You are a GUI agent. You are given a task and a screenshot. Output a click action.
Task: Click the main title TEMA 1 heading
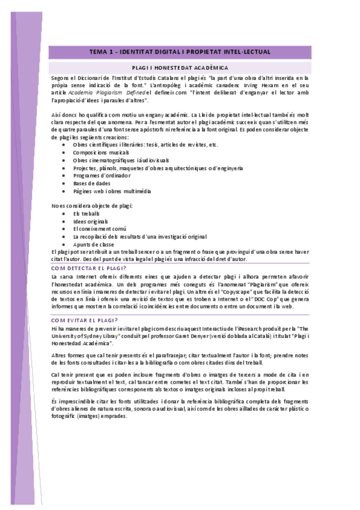tap(180, 52)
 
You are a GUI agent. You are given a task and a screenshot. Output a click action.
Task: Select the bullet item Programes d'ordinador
tap(102, 176)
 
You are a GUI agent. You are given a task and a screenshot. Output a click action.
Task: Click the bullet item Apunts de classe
tap(94, 245)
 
